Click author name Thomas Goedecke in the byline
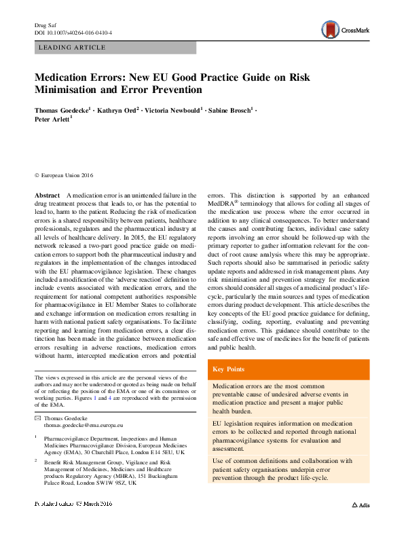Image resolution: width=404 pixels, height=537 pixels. [x=62, y=108]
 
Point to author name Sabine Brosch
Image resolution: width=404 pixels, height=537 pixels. [x=229, y=108]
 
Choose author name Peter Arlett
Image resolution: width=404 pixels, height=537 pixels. [x=52, y=118]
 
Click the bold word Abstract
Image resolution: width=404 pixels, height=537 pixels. [x=48, y=196]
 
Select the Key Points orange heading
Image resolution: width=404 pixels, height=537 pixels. [x=229, y=369]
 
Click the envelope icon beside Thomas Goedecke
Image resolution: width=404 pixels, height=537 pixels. [x=39, y=417]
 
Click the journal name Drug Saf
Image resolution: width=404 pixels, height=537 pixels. [x=43, y=24]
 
